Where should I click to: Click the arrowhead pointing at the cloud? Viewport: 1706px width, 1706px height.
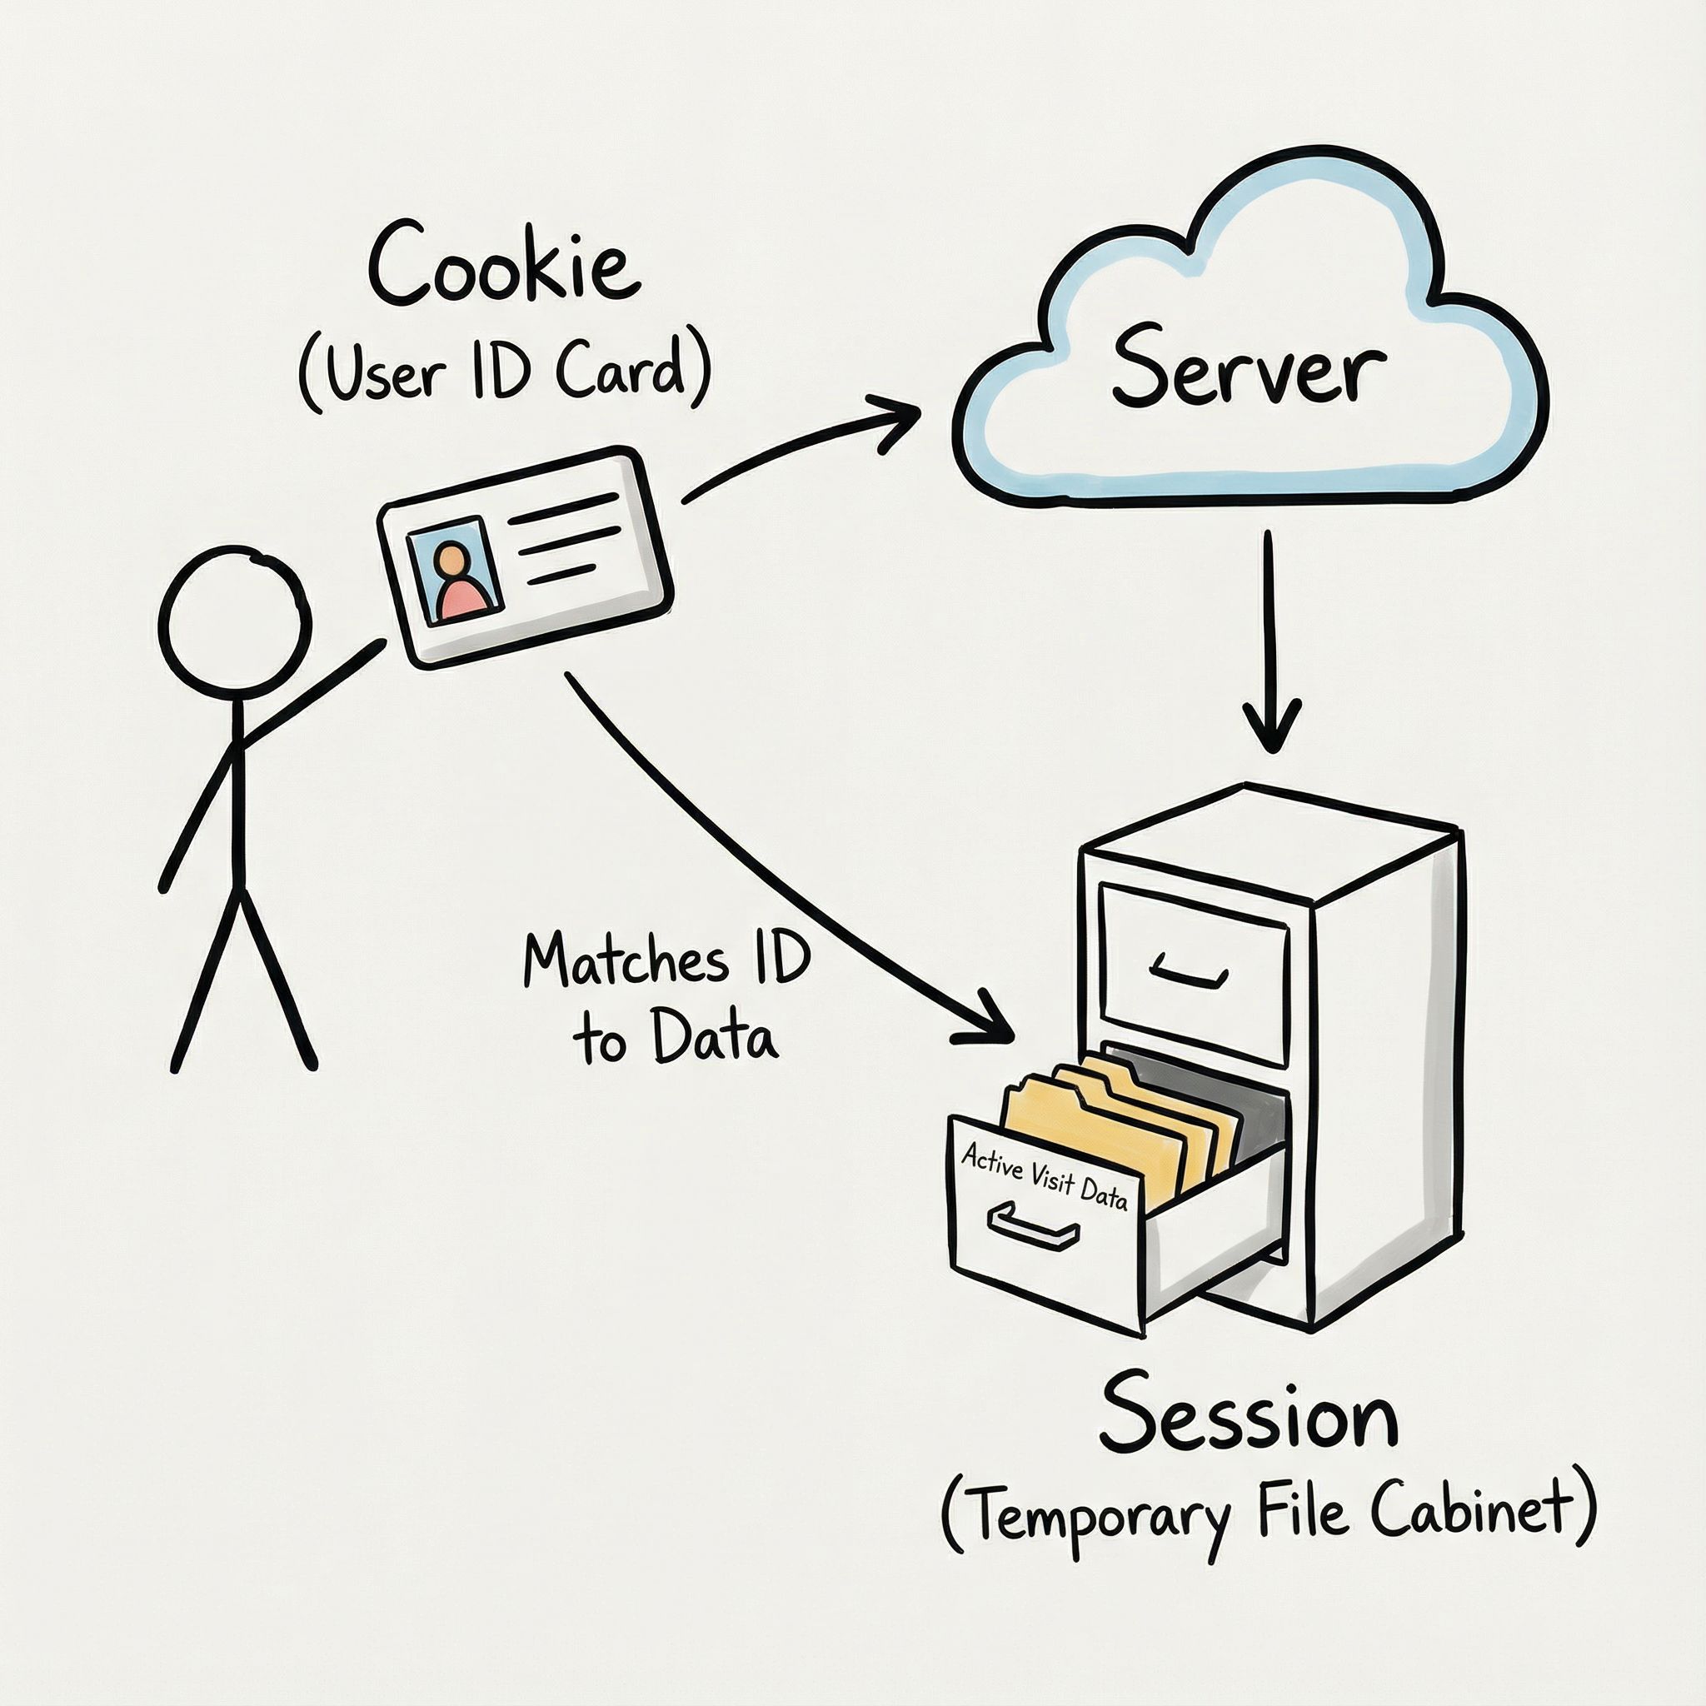click(896, 422)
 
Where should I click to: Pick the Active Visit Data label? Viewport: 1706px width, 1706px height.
click(1045, 1175)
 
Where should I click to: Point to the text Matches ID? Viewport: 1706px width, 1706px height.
click(666, 960)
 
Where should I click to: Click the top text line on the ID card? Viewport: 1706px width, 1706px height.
click(561, 509)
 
